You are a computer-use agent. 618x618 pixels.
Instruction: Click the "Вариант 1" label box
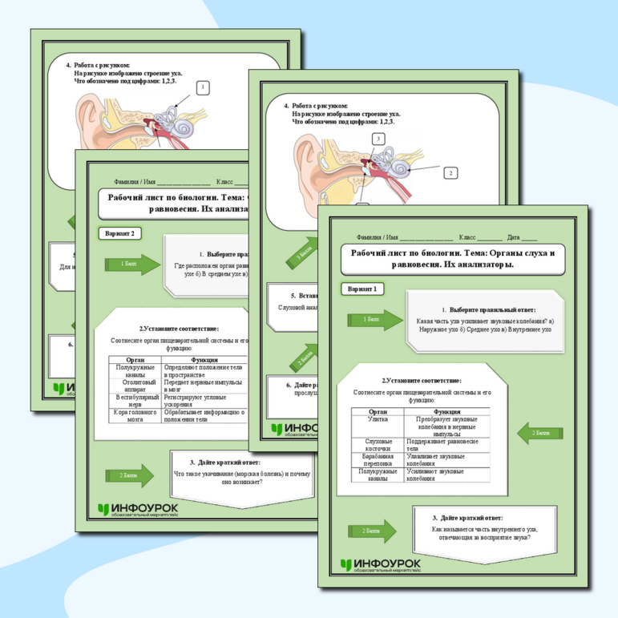click(363, 289)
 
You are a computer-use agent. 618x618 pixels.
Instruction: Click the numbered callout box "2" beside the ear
click(450, 172)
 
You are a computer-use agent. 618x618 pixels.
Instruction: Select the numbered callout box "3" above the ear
click(378, 139)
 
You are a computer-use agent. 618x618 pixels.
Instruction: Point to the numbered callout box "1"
click(203, 87)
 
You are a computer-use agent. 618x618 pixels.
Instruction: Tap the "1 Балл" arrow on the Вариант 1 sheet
click(374, 320)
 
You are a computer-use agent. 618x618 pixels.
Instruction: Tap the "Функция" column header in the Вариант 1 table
click(452, 410)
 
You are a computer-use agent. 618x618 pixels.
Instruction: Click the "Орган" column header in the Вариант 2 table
click(135, 360)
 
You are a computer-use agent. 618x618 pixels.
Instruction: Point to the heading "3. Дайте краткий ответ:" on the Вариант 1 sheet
click(469, 517)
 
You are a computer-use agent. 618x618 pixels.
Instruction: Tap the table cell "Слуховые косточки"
click(377, 444)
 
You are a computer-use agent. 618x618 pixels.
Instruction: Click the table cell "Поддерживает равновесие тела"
click(452, 444)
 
